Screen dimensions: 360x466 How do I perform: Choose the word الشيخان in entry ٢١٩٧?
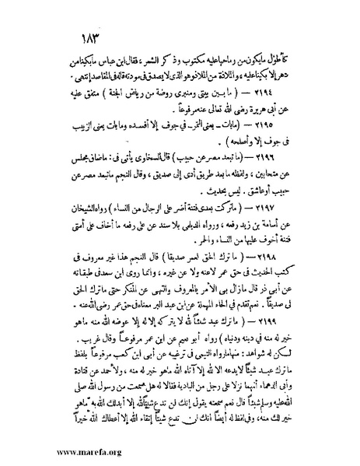point(68,227)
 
